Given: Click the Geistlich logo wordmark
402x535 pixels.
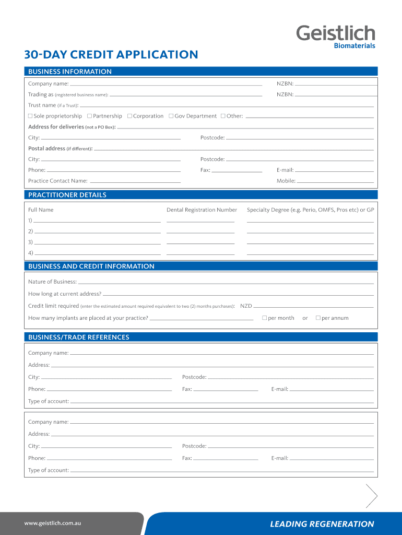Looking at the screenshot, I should (336, 33).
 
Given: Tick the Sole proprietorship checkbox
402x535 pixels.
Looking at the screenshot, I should (30, 116).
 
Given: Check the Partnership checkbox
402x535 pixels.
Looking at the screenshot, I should (89, 116).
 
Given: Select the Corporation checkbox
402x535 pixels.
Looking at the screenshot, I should (129, 116).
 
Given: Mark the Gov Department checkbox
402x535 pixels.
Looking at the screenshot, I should (171, 116).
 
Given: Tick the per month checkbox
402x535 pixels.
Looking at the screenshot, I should (264, 318).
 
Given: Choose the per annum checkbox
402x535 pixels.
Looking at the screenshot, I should (318, 318).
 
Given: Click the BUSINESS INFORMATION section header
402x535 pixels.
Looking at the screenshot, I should (70, 72).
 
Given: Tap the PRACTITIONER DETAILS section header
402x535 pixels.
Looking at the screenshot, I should (67, 195).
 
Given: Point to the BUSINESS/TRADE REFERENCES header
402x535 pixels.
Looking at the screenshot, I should (79, 338).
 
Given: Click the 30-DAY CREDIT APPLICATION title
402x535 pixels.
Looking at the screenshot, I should (111, 54).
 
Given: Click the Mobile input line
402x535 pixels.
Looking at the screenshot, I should (335, 182).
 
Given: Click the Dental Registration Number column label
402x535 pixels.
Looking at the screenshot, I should (202, 210).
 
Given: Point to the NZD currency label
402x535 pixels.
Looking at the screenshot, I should (246, 306).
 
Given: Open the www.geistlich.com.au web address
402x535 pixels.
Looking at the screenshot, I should (52, 523).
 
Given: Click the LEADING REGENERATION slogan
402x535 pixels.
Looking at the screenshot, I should (322, 524).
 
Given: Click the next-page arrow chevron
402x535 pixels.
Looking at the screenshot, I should (372, 496).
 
